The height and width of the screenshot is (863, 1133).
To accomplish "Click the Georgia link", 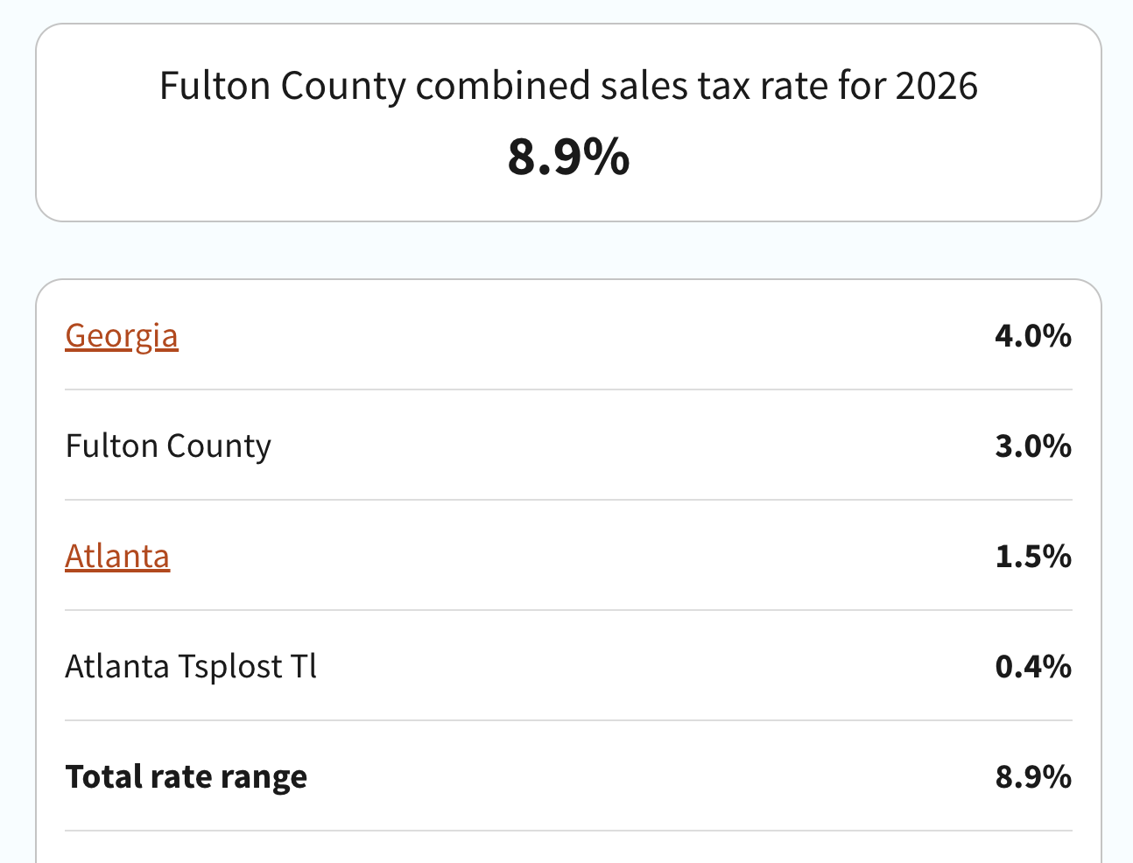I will point(122,336).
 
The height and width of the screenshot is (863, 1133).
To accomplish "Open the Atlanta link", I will point(117,557).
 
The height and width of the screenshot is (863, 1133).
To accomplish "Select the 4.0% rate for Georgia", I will point(1033,336).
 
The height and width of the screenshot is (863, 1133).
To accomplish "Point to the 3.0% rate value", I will point(1033,446).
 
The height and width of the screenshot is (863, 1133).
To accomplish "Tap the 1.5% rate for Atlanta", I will point(1033,557).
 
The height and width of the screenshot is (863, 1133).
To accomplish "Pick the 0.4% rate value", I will point(1033,667).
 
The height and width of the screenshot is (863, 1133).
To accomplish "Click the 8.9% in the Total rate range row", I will point(1033,777).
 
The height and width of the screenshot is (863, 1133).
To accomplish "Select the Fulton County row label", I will point(168,446).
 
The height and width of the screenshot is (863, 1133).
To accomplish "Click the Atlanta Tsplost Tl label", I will point(191,667).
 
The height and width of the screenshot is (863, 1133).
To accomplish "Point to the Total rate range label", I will point(186,777).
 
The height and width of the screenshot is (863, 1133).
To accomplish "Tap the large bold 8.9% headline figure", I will point(568,158).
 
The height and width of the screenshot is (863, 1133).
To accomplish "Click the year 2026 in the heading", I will point(937,86).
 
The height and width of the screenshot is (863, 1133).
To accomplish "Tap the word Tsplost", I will point(231,667).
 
